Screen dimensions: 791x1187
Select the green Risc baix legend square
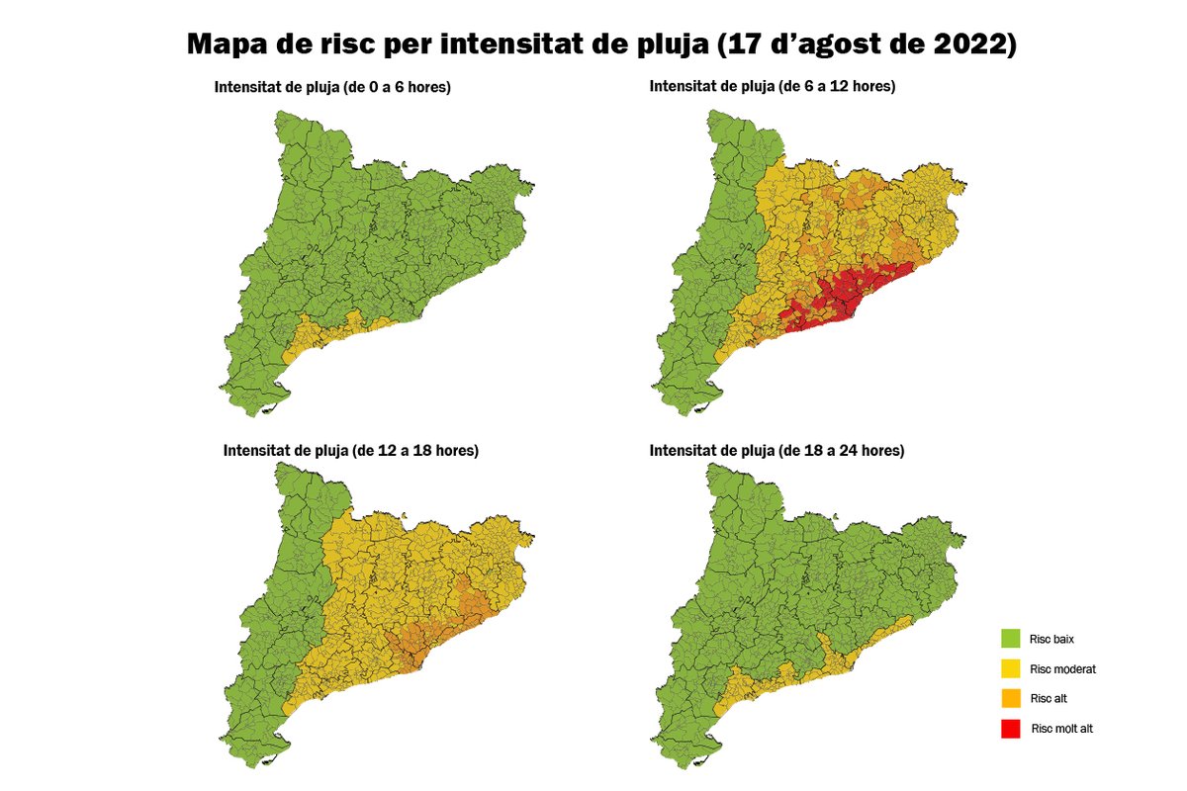pyautogui.click(x=1010, y=639)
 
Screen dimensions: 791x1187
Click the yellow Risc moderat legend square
pyautogui.click(x=1010, y=668)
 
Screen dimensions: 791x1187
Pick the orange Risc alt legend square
pyautogui.click(x=1010, y=698)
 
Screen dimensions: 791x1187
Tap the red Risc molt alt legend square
pyautogui.click(x=1010, y=729)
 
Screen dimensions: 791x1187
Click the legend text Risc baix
pyautogui.click(x=1051, y=640)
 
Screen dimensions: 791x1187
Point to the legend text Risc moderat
pyautogui.click(x=1062, y=669)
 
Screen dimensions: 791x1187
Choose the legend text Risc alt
pyautogui.click(x=1049, y=699)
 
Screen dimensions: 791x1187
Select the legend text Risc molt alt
pyautogui.click(x=1061, y=729)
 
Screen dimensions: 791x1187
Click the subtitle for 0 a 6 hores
pyautogui.click(x=332, y=87)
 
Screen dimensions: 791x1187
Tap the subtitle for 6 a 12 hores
pyautogui.click(x=772, y=87)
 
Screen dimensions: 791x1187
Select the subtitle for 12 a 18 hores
pyautogui.click(x=351, y=451)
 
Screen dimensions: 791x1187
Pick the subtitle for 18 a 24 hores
pyautogui.click(x=776, y=451)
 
